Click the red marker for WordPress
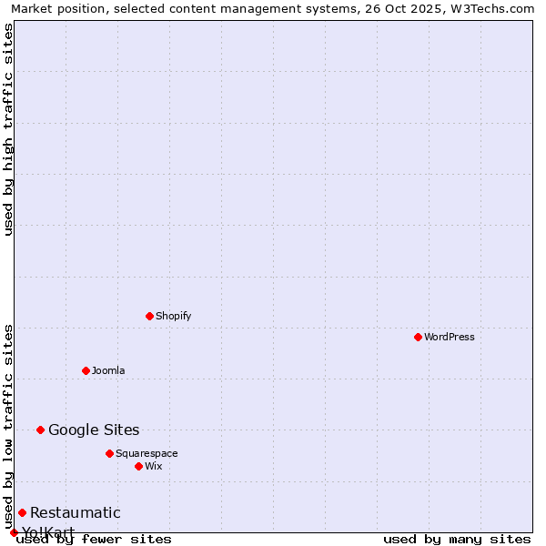coord(418,337)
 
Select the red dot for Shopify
coord(149,316)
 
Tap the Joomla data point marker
coord(86,370)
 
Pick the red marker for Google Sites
coord(40,430)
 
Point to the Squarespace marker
coord(109,453)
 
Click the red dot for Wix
coord(138,466)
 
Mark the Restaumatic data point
coord(22,512)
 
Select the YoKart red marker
coord(14,532)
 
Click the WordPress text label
coord(450,337)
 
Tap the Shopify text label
coord(174,316)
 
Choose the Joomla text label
coord(108,370)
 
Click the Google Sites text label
coord(94,430)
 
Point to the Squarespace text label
coord(147,453)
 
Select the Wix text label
coord(154,466)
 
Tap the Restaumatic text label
coord(75,512)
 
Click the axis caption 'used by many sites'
coord(457,539)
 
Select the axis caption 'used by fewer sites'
coord(94,539)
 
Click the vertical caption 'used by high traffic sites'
coord(9,129)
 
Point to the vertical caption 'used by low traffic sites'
coord(9,426)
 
